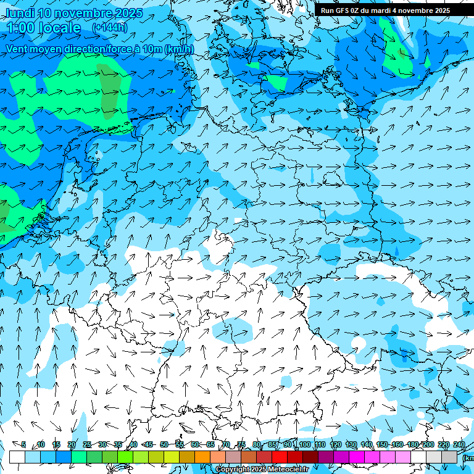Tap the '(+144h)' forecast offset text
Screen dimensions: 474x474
coord(110,27)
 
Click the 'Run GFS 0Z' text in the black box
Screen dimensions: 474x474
coord(340,10)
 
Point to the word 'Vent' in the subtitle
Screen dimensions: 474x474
coord(18,49)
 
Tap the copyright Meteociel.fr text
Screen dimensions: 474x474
coord(262,470)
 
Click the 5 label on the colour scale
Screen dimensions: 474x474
coord(23,445)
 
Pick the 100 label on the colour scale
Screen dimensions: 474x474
coord(304,445)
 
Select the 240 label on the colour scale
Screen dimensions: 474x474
coord(459,445)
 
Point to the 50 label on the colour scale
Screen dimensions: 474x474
coord(164,445)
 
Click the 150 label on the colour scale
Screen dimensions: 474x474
coord(381,445)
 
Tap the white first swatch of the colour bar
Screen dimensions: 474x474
coord(17,457)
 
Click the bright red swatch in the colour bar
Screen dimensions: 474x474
coord(280,457)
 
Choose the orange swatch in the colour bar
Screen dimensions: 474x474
coord(202,457)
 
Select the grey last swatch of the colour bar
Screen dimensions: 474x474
coord(449,457)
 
